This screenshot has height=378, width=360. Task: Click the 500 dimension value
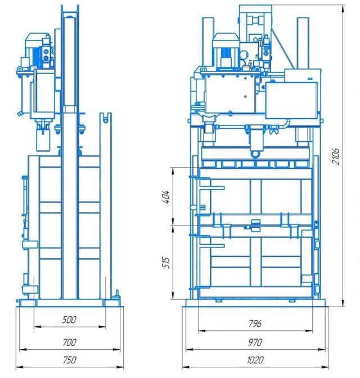tap(69, 319)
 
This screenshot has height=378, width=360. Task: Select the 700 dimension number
tap(70, 342)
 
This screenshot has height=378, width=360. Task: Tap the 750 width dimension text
tap(70, 359)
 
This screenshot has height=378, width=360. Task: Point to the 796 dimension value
tap(255, 323)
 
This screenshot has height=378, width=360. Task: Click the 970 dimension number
tap(255, 342)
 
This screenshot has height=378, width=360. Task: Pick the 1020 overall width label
tap(255, 360)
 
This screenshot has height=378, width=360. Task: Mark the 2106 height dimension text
tap(336, 156)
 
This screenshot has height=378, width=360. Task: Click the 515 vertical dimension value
tap(166, 262)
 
